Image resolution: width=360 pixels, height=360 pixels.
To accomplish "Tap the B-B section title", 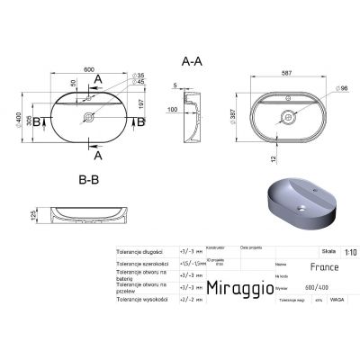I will (x=88, y=179).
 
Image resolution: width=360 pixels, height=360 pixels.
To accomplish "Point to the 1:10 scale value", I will (x=349, y=253).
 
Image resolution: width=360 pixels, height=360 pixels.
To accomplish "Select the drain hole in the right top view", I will (x=291, y=115).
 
